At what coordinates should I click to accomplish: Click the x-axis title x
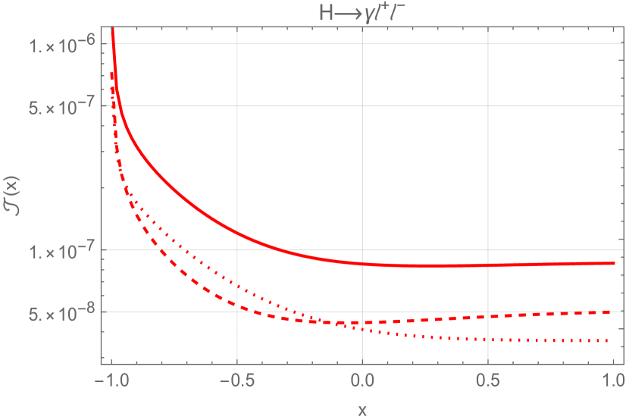(x=362, y=410)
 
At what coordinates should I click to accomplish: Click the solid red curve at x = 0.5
(x=488, y=265)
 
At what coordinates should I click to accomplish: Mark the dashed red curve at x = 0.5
(x=488, y=315)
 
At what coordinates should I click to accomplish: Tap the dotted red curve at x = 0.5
(x=488, y=339)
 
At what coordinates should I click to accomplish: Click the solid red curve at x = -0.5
(x=237, y=230)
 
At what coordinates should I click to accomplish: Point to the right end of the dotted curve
(x=611, y=340)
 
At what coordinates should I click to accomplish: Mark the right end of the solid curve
(x=613, y=263)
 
